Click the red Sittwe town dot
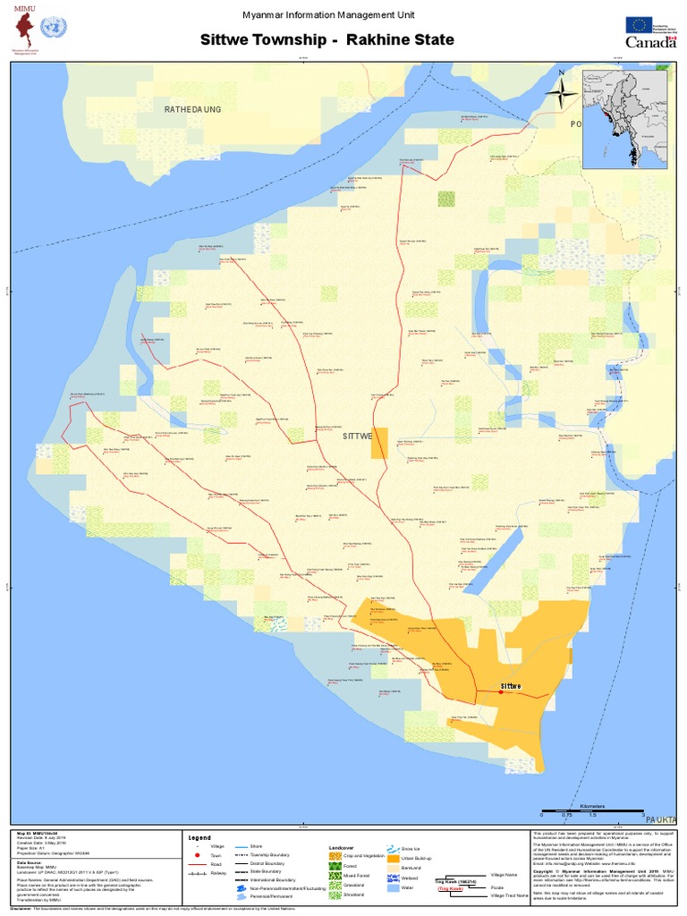click(x=500, y=691)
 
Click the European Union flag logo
click(x=639, y=25)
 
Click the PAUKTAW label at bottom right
click(x=662, y=819)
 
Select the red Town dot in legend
click(x=195, y=856)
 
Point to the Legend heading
click(x=199, y=838)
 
